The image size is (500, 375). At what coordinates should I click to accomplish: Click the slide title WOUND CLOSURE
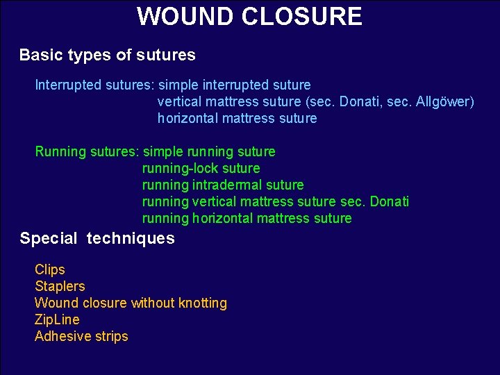pos(249,16)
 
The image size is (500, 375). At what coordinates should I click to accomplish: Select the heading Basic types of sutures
pos(108,55)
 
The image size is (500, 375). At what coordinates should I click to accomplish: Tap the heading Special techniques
pos(97,239)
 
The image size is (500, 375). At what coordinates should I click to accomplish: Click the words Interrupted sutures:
pos(95,85)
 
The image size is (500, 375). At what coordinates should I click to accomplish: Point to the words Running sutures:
pos(87,152)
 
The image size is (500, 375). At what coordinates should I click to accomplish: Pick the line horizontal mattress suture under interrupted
pos(237,119)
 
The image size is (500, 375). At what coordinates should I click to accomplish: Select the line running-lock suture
pos(201,169)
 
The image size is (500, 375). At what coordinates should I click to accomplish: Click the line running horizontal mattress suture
pos(247,219)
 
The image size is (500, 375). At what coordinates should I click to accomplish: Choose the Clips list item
pos(50,269)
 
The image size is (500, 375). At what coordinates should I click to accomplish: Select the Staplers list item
pos(60,286)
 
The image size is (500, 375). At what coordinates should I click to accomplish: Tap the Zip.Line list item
pos(57,319)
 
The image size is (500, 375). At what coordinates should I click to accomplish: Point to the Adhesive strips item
pos(81,336)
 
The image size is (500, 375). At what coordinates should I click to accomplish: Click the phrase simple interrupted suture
pos(235,85)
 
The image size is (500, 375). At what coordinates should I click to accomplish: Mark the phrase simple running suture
pos(209,152)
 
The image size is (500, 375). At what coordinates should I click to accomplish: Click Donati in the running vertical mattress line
pos(390,202)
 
